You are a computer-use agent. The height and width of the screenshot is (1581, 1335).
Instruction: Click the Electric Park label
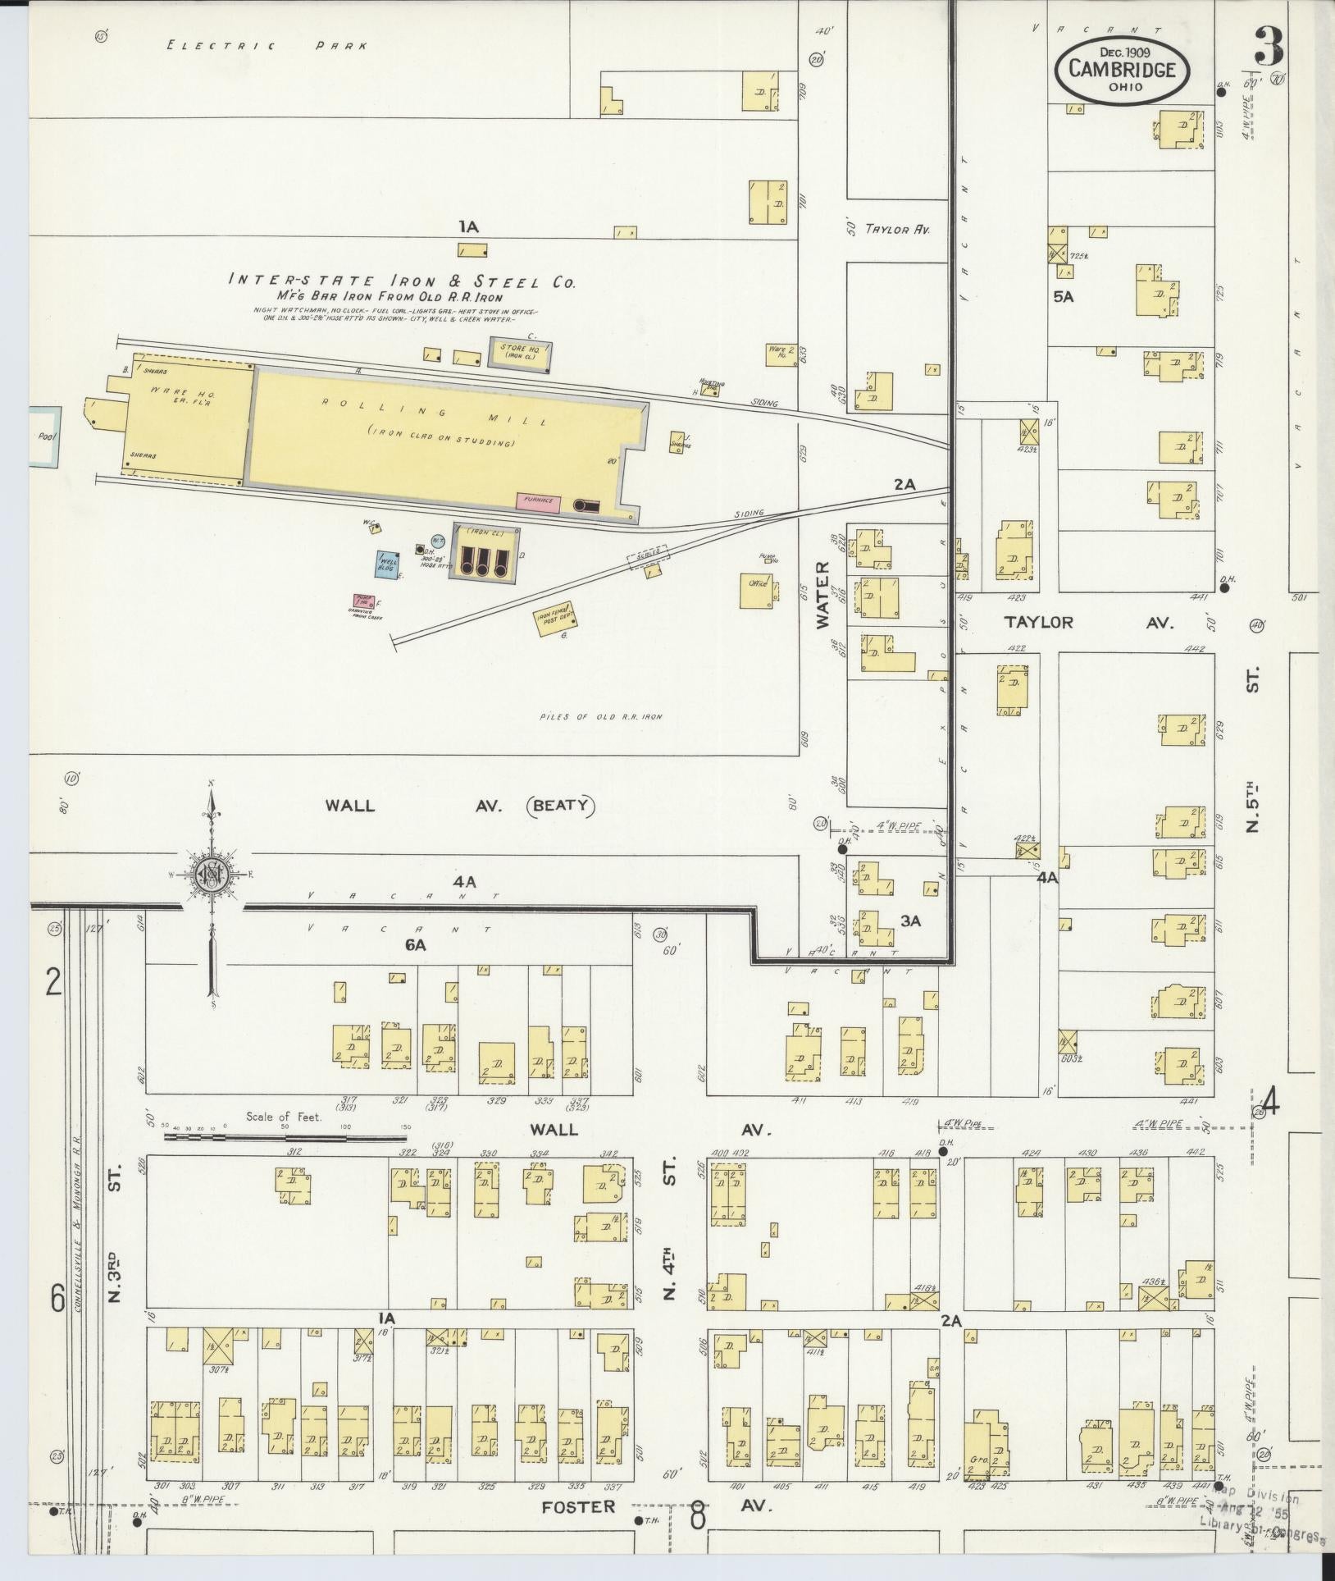coord(267,46)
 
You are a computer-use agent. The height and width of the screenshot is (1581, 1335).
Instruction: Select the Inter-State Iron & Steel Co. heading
coord(401,281)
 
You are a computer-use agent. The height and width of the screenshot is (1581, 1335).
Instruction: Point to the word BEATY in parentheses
coord(559,804)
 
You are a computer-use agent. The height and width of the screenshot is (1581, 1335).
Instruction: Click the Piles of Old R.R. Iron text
coord(601,716)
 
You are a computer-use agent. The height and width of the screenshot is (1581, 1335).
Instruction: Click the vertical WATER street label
coord(822,594)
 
